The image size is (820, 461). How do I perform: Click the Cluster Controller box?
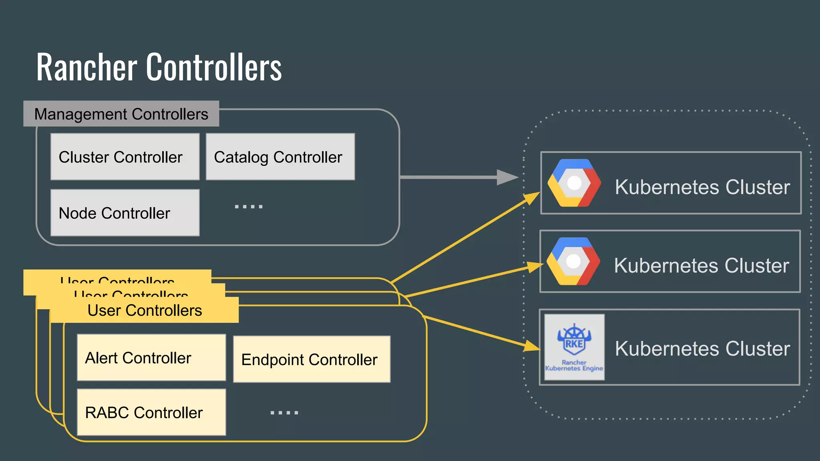(x=125, y=157)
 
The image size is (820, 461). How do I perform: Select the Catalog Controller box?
(x=280, y=157)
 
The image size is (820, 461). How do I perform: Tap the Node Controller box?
(x=125, y=213)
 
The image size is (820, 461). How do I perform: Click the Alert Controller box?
(x=151, y=358)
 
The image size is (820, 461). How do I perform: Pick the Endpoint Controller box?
(x=312, y=359)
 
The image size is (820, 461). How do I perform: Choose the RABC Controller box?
(x=151, y=412)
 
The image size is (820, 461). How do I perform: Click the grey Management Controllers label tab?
(x=121, y=114)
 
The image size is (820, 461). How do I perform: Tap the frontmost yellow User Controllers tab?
(x=144, y=311)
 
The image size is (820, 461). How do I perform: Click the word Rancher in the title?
(x=86, y=67)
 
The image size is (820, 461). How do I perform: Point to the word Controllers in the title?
(x=214, y=67)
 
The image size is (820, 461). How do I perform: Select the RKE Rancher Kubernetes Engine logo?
(x=574, y=347)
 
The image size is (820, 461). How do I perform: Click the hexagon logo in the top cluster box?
(x=574, y=183)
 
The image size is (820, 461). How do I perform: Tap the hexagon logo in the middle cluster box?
(x=573, y=261)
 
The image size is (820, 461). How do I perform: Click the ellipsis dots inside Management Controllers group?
(x=249, y=206)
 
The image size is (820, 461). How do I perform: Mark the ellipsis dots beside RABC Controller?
(x=284, y=412)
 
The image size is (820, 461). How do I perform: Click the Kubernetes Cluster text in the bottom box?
(x=702, y=349)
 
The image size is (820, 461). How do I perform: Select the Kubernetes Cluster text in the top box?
(x=702, y=187)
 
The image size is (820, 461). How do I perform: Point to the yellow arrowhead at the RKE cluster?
(x=533, y=346)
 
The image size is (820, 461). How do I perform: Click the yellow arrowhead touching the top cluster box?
(x=533, y=198)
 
